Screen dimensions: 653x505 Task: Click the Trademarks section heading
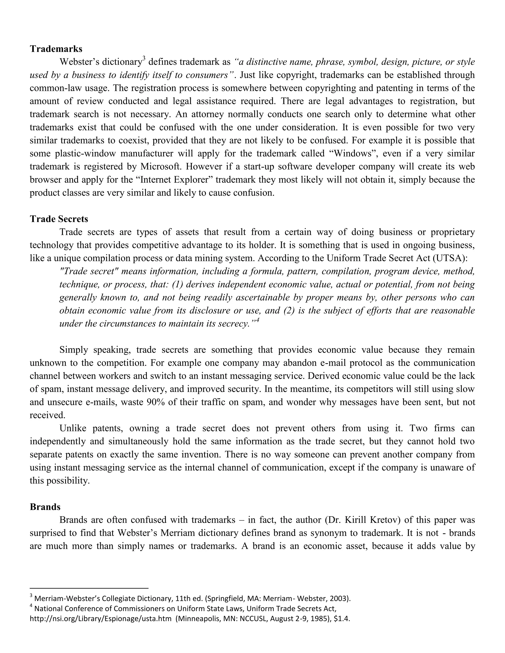click(x=56, y=49)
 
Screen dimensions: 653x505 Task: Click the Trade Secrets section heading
click(x=59, y=219)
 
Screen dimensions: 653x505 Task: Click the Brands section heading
click(x=45, y=507)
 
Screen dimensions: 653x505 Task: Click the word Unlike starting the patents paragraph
click(x=73, y=428)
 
